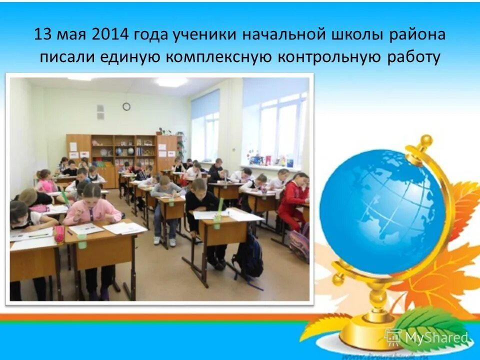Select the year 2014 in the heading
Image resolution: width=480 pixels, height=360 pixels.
(x=109, y=35)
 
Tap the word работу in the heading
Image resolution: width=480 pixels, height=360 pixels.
(x=414, y=57)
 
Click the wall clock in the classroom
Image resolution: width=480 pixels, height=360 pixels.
(x=126, y=106)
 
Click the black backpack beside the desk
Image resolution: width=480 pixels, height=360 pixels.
(x=248, y=255)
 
